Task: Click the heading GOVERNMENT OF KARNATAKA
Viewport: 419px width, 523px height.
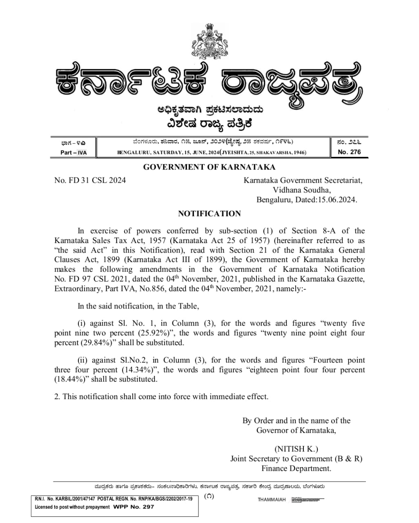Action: pos(209,167)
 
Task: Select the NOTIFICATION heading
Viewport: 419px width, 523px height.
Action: pos(209,214)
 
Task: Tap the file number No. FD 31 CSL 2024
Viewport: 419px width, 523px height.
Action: pos(90,180)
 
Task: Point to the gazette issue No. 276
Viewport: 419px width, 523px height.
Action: pos(349,152)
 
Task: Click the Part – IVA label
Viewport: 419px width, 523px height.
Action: pos(74,152)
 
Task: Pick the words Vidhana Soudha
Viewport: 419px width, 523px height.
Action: pos(302,190)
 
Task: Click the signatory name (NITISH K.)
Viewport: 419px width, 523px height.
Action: pos(296,449)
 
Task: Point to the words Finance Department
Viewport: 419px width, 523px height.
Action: pos(296,469)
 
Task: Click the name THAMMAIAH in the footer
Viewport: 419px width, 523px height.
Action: pos(272,500)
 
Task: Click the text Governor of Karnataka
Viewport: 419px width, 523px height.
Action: pos(296,430)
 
